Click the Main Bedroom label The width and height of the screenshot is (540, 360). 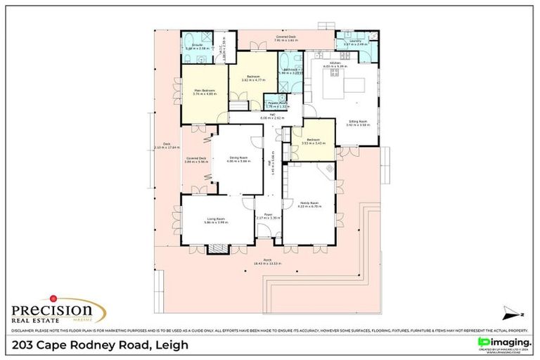click(x=204, y=90)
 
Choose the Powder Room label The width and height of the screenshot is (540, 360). click(x=277, y=103)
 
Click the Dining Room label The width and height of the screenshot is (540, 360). click(x=237, y=158)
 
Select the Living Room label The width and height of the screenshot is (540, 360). click(x=215, y=219)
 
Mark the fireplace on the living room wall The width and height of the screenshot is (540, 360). click(x=217, y=248)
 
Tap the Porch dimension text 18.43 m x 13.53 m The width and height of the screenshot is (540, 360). click(x=268, y=264)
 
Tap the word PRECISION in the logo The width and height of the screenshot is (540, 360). click(x=51, y=309)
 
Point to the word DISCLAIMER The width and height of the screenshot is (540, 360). click(x=22, y=329)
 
